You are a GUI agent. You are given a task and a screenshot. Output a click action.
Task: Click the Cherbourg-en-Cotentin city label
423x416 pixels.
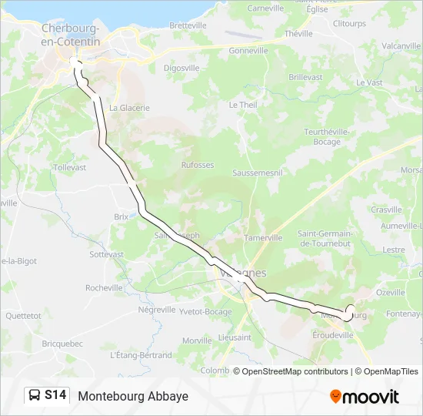[x=71, y=35]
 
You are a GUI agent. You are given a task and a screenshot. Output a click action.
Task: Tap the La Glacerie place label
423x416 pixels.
[x=129, y=108]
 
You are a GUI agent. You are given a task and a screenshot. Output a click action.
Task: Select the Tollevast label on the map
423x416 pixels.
[x=70, y=167]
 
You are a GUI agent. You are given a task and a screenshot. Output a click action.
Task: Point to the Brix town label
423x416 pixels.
[x=121, y=217]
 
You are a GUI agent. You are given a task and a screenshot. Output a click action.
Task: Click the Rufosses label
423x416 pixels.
[x=198, y=165]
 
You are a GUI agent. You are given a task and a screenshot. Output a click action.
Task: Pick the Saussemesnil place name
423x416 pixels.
[x=258, y=173]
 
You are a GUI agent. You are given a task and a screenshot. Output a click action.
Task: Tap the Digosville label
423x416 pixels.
[x=182, y=68]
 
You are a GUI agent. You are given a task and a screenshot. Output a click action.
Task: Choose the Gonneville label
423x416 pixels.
[x=248, y=51]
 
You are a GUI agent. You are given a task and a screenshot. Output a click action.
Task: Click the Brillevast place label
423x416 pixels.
[x=305, y=78]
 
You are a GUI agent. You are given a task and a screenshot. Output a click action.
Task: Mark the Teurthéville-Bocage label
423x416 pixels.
[x=327, y=136]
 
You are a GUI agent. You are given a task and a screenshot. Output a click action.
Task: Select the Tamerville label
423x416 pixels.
[x=263, y=238]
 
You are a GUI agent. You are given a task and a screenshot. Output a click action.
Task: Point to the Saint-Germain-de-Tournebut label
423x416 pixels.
[x=325, y=238]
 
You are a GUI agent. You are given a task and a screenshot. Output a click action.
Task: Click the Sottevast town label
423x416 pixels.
[x=106, y=253]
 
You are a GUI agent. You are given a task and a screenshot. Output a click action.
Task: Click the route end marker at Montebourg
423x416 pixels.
[x=350, y=310]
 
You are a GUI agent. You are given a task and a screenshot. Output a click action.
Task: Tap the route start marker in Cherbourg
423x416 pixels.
[x=75, y=62]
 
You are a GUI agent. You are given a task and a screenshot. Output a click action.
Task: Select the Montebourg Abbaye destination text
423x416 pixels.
[x=133, y=396]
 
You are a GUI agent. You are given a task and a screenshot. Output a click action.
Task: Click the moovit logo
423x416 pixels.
[x=365, y=397]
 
